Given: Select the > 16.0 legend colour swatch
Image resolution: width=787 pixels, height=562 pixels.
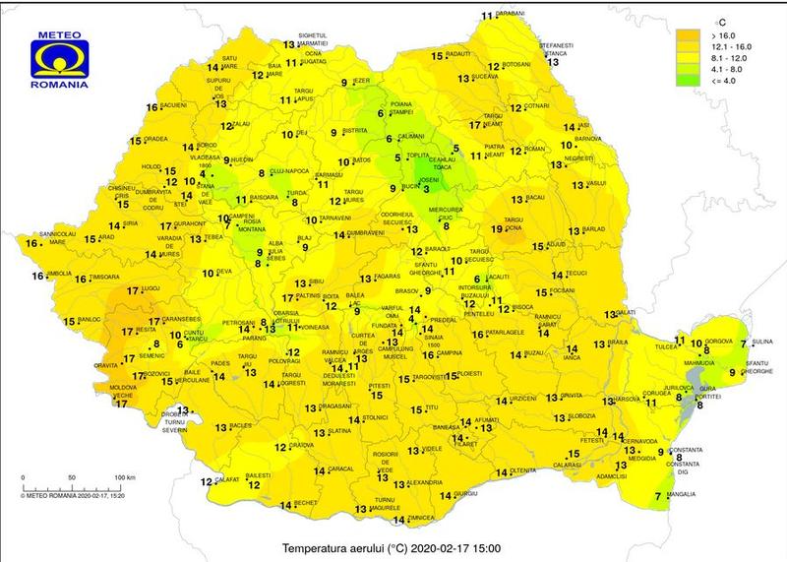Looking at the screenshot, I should pos(689,35).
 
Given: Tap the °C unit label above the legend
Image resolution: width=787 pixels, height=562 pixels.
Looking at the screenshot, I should pos(721,20).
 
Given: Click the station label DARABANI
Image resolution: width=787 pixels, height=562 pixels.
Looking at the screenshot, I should pos(510,15).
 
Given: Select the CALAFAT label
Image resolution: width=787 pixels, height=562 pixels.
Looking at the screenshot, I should pos(229,479).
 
